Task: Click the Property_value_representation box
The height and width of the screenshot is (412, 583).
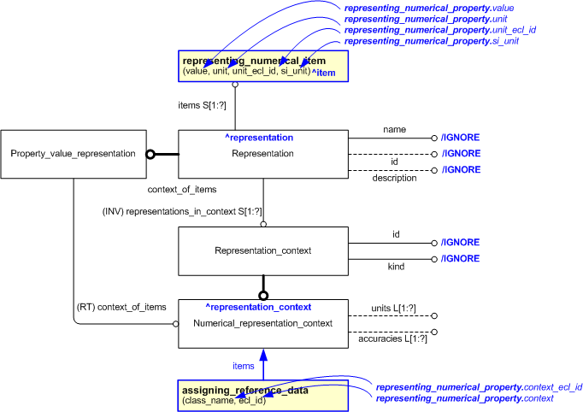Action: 73,154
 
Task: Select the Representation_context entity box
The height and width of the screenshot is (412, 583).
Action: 262,250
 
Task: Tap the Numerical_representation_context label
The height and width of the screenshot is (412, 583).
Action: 262,324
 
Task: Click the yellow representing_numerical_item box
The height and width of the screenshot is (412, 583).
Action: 262,67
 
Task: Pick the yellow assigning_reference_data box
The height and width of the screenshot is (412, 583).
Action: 262,394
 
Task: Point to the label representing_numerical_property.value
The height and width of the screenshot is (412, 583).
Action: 428,8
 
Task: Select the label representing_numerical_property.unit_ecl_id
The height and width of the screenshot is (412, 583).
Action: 441,30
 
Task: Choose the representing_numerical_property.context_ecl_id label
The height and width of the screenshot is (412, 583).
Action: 479,387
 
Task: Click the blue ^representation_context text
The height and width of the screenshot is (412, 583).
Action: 257,306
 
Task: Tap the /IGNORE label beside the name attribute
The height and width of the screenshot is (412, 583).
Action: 460,137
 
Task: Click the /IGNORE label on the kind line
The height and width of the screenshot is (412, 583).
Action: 460,258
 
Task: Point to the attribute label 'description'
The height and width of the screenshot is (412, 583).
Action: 394,178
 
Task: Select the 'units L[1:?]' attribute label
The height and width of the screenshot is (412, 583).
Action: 393,308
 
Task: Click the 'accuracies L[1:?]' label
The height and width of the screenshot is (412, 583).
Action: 393,339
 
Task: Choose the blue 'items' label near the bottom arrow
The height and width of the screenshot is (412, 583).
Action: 244,365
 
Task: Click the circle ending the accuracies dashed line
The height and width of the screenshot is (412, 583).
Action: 434,332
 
